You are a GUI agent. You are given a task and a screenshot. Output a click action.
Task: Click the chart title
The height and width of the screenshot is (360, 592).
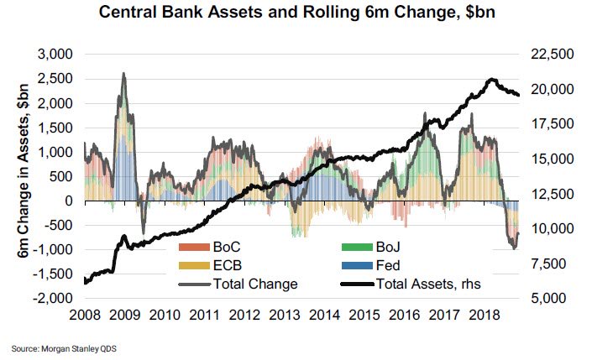295,13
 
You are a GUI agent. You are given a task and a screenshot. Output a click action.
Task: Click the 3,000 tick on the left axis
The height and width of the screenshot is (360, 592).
58,55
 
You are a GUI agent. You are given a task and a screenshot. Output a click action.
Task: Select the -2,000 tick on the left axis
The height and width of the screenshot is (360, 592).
55,299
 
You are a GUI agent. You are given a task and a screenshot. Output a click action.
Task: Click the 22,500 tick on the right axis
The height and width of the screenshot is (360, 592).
550,55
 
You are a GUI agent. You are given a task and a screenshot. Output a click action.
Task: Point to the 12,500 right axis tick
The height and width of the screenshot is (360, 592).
550,194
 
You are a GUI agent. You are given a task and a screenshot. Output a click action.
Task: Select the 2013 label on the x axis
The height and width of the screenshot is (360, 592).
285,316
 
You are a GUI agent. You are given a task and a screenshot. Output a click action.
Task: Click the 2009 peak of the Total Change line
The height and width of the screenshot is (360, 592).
124,74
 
